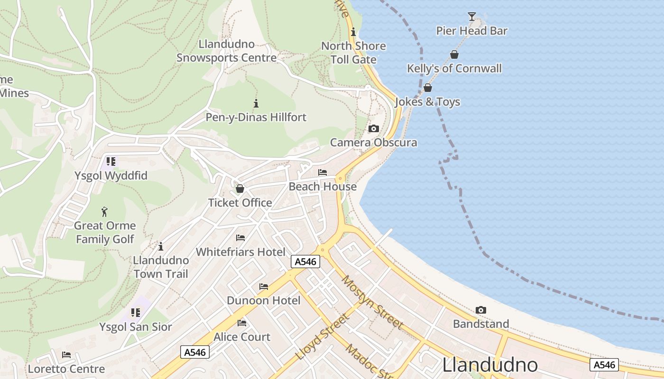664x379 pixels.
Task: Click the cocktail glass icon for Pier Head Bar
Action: tap(471, 17)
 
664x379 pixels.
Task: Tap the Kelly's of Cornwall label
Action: tap(454, 69)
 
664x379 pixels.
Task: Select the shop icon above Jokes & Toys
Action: tap(428, 88)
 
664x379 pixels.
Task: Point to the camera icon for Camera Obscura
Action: tap(374, 128)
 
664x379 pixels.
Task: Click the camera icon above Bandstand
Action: tap(481, 310)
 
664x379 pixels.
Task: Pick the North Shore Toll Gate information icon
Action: tap(353, 32)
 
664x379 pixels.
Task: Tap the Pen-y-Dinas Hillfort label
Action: tap(256, 117)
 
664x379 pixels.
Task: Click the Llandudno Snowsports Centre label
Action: tap(226, 51)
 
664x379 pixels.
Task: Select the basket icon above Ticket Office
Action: tap(240, 189)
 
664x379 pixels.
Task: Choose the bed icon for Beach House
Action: tap(323, 172)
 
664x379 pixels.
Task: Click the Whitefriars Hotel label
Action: tap(240, 252)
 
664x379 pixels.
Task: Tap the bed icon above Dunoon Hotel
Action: tap(264, 287)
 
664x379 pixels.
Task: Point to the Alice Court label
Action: tap(242, 337)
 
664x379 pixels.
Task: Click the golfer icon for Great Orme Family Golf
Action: tap(105, 212)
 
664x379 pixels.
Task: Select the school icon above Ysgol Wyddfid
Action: tap(111, 162)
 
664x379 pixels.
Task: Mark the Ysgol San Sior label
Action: tap(135, 327)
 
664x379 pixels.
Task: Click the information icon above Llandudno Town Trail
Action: tap(161, 246)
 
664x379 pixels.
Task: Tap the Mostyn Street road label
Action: tap(372, 302)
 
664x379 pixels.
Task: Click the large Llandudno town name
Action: tap(490, 365)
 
